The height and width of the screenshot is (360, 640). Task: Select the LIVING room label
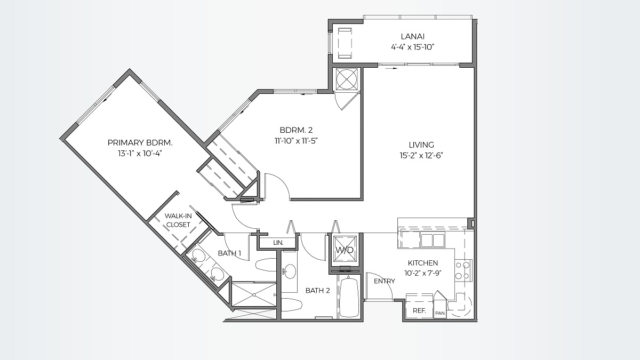click(x=421, y=145)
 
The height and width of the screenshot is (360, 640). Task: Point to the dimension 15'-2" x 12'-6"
click(x=421, y=156)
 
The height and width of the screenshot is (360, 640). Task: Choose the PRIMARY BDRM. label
click(x=140, y=142)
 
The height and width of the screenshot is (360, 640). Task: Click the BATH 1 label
click(x=229, y=253)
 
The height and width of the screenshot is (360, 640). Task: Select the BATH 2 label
click(x=318, y=291)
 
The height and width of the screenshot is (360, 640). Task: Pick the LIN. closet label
click(x=278, y=243)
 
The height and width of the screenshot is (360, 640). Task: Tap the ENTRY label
click(x=384, y=281)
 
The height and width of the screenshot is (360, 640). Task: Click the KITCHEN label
click(x=423, y=263)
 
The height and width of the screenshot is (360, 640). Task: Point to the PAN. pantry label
click(x=440, y=313)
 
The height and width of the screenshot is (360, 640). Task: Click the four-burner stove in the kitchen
click(x=463, y=270)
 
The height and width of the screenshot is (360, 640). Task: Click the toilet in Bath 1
click(x=265, y=265)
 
